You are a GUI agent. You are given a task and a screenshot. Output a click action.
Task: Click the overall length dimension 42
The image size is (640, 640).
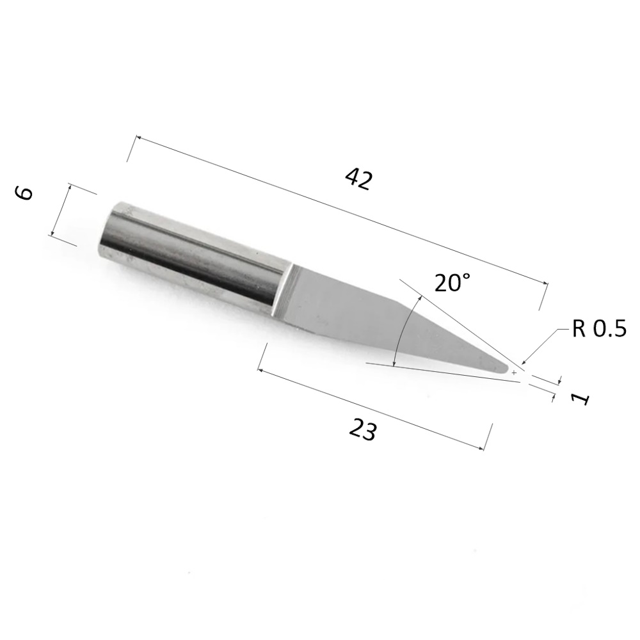click(359, 180)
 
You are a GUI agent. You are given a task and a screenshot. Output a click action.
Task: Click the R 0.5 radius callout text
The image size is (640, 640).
click(599, 328)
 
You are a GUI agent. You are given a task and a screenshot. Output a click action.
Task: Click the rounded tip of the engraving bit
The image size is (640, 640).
click(506, 369)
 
